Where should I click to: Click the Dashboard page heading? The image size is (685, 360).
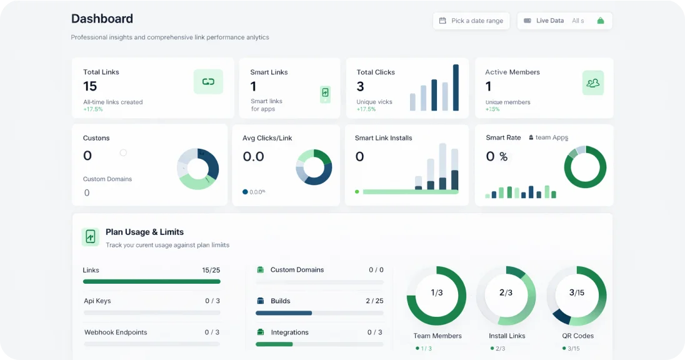(102, 19)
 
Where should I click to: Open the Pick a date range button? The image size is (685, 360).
(471, 21)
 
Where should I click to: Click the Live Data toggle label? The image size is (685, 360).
(549, 21)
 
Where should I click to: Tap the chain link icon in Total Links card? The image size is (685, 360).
(208, 82)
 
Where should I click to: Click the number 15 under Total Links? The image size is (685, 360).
(90, 86)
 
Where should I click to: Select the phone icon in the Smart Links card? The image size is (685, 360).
(325, 93)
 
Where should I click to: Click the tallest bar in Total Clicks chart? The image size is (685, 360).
(456, 87)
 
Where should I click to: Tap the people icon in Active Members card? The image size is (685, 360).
(592, 82)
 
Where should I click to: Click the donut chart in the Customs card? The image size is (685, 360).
(198, 169)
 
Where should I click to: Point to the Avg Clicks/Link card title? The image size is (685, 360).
(267, 138)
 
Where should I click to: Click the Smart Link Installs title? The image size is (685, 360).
(383, 138)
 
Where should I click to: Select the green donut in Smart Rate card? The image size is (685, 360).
(585, 167)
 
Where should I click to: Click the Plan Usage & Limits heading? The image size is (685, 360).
(144, 232)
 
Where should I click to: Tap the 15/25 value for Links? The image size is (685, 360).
(211, 271)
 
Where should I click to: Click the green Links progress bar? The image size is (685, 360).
(151, 282)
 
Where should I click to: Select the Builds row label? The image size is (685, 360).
(280, 301)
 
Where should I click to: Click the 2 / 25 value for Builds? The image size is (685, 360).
(374, 301)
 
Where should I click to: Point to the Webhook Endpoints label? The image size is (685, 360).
(116, 332)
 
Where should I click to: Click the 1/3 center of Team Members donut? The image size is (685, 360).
(436, 292)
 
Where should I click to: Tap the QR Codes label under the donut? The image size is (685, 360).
(578, 336)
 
